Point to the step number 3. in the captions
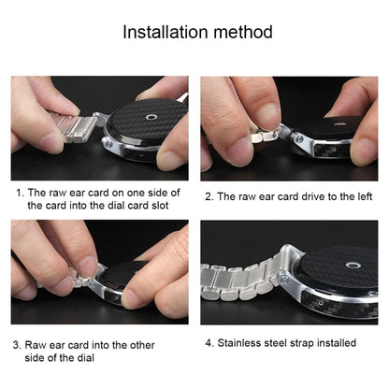point(19,344)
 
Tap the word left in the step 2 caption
point(360,197)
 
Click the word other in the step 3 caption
point(163,344)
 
